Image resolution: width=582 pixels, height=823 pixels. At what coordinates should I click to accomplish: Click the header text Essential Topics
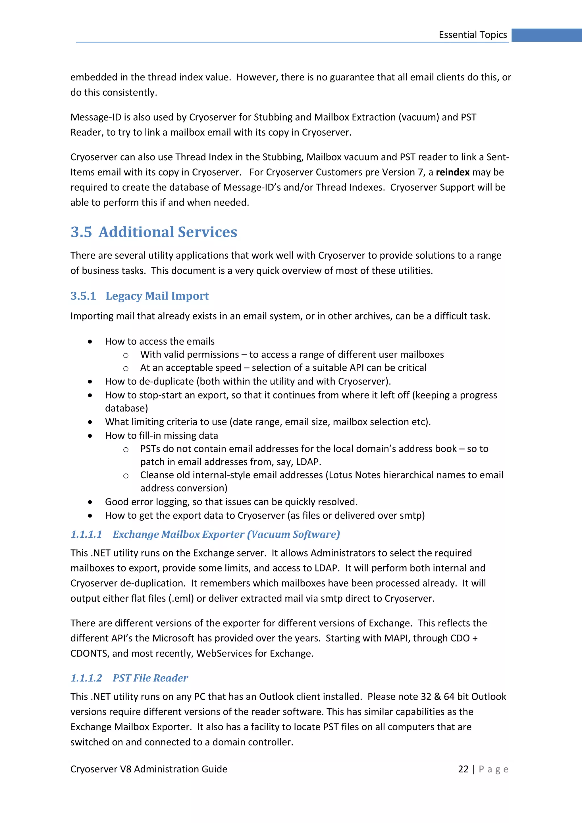pyautogui.click(x=472, y=35)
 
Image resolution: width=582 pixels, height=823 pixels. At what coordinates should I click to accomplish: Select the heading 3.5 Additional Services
pyautogui.click(x=154, y=232)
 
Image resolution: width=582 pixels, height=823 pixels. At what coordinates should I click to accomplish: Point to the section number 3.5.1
pyautogui.click(x=83, y=296)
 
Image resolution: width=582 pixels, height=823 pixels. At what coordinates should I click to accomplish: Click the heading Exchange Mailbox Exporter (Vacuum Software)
pyautogui.click(x=226, y=535)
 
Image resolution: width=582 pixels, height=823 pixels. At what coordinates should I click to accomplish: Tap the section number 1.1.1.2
pyautogui.click(x=86, y=678)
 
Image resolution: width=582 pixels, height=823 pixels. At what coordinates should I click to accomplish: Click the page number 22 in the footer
pyautogui.click(x=463, y=769)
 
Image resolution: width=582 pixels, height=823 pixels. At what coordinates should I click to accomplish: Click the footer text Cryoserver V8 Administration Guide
pyautogui.click(x=149, y=769)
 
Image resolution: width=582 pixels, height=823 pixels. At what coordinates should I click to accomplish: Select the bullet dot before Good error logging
pyautogui.click(x=90, y=502)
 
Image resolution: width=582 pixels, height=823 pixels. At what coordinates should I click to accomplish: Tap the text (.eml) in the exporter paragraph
pyautogui.click(x=181, y=598)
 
